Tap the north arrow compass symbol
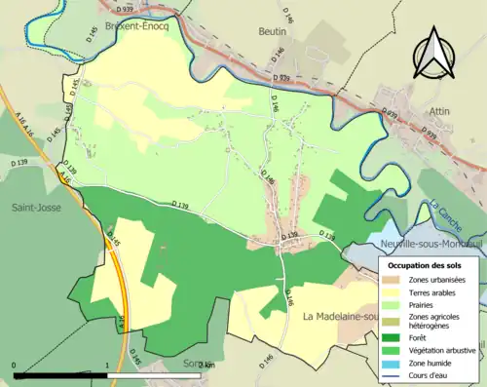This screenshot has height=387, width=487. pos(434,54)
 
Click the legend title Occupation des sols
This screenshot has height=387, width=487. pos(424,265)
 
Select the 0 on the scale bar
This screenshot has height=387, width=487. pos(15,366)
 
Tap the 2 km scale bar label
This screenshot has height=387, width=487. pos(206,366)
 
